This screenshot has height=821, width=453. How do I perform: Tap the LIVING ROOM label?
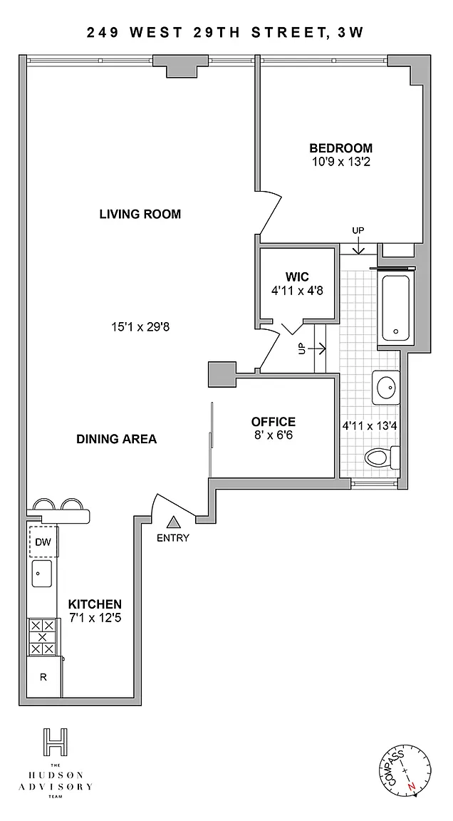(140, 214)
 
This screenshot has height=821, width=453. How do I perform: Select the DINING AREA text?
(117, 439)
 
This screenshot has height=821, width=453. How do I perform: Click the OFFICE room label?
(273, 421)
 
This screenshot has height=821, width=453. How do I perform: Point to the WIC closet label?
(297, 276)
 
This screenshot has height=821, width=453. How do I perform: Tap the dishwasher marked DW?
(43, 542)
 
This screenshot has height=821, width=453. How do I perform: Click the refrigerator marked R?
(44, 677)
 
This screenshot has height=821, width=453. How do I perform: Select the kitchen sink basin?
(42, 573)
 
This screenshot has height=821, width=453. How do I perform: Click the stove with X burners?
(42, 636)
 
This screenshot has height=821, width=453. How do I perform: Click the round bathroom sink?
(386, 388)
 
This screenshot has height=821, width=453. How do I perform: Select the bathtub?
(395, 308)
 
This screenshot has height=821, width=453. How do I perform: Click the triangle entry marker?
(173, 522)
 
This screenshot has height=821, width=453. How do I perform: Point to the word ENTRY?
(173, 538)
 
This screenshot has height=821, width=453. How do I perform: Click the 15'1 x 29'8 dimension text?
(140, 327)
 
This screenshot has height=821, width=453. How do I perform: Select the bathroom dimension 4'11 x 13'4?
(370, 425)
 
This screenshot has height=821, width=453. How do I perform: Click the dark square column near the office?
(222, 375)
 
